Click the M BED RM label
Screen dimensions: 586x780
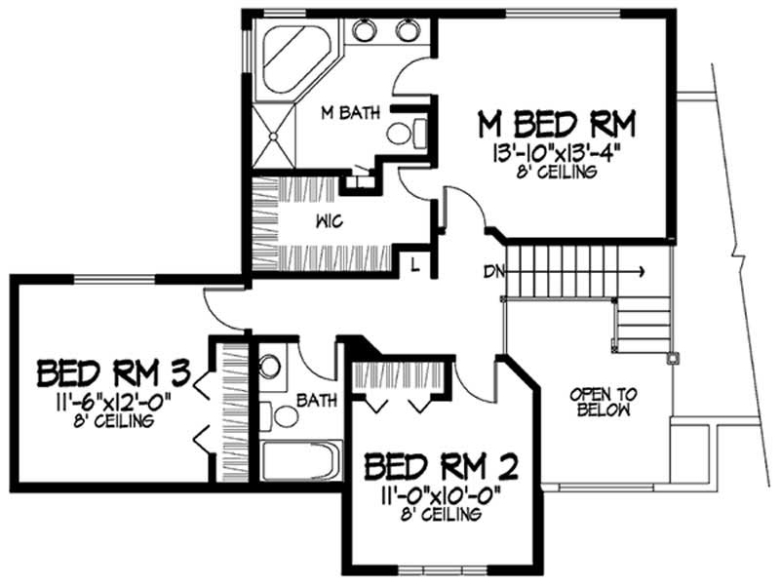click(x=556, y=124)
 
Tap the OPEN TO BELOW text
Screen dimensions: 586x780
click(x=604, y=402)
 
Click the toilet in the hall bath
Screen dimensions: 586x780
click(x=270, y=370)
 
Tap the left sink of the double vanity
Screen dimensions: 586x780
click(x=364, y=30)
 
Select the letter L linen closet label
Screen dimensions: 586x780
click(x=414, y=265)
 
